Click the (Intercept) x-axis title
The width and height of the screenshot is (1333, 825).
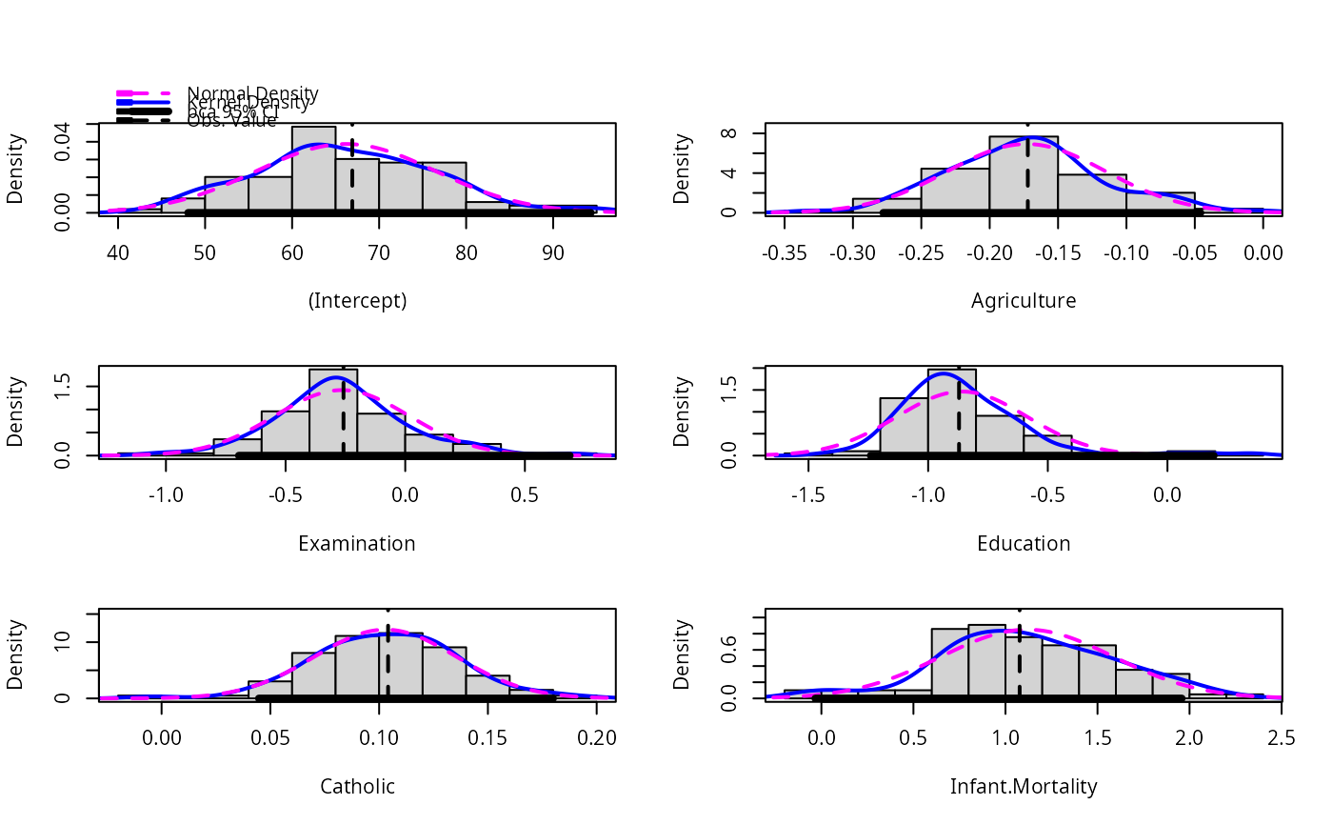[x=357, y=301]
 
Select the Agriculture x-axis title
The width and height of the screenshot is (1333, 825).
[x=1024, y=301]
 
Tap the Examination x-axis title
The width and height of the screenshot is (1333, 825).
[x=357, y=544]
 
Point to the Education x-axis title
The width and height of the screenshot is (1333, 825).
[x=1024, y=544]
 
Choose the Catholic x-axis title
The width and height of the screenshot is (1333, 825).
[x=357, y=787]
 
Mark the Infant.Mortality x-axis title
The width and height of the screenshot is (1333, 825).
[x=1024, y=787]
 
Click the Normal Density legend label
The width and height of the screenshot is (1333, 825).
[x=252, y=93]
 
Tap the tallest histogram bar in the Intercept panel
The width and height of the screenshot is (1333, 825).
[x=313, y=170]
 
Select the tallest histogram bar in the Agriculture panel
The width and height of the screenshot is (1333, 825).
[x=1024, y=174]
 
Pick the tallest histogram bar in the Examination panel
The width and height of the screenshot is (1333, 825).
[x=333, y=412]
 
